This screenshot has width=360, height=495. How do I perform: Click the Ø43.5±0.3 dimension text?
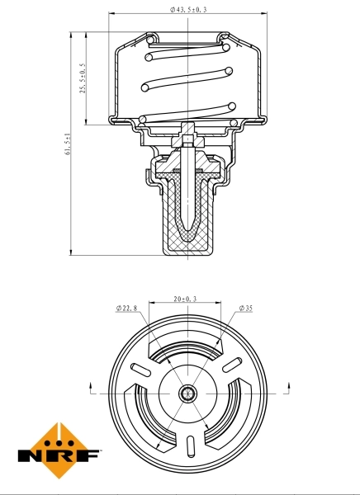pyautogui.click(x=187, y=9)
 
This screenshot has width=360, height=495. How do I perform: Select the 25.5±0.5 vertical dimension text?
pyautogui.click(x=83, y=78)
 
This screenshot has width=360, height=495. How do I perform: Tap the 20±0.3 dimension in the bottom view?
pyautogui.click(x=186, y=300)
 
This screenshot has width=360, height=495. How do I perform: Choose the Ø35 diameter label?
pyautogui.click(x=245, y=309)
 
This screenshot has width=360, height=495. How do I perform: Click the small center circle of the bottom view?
pyautogui.click(x=188, y=394)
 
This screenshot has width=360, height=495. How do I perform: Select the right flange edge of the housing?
pyautogui.click(x=265, y=120)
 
